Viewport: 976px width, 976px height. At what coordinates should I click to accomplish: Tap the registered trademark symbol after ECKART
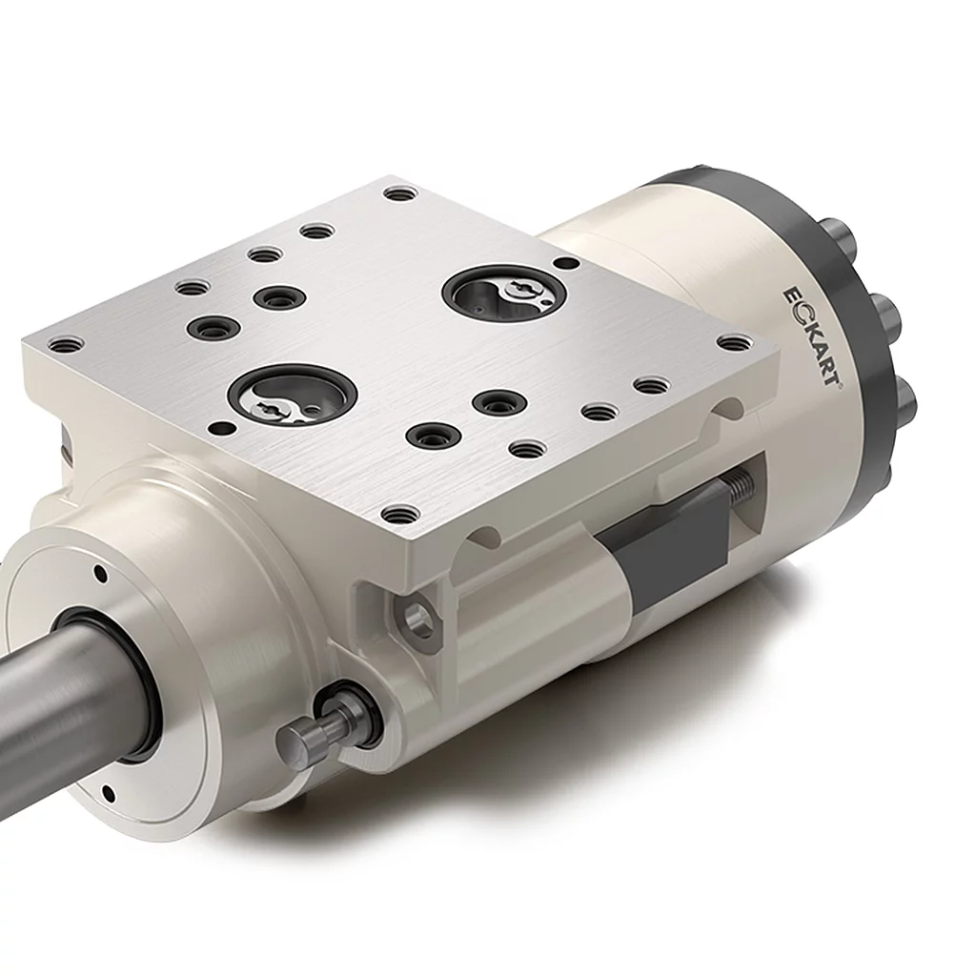click(x=839, y=386)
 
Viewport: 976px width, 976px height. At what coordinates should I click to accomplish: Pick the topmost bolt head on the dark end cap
click(x=841, y=235)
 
